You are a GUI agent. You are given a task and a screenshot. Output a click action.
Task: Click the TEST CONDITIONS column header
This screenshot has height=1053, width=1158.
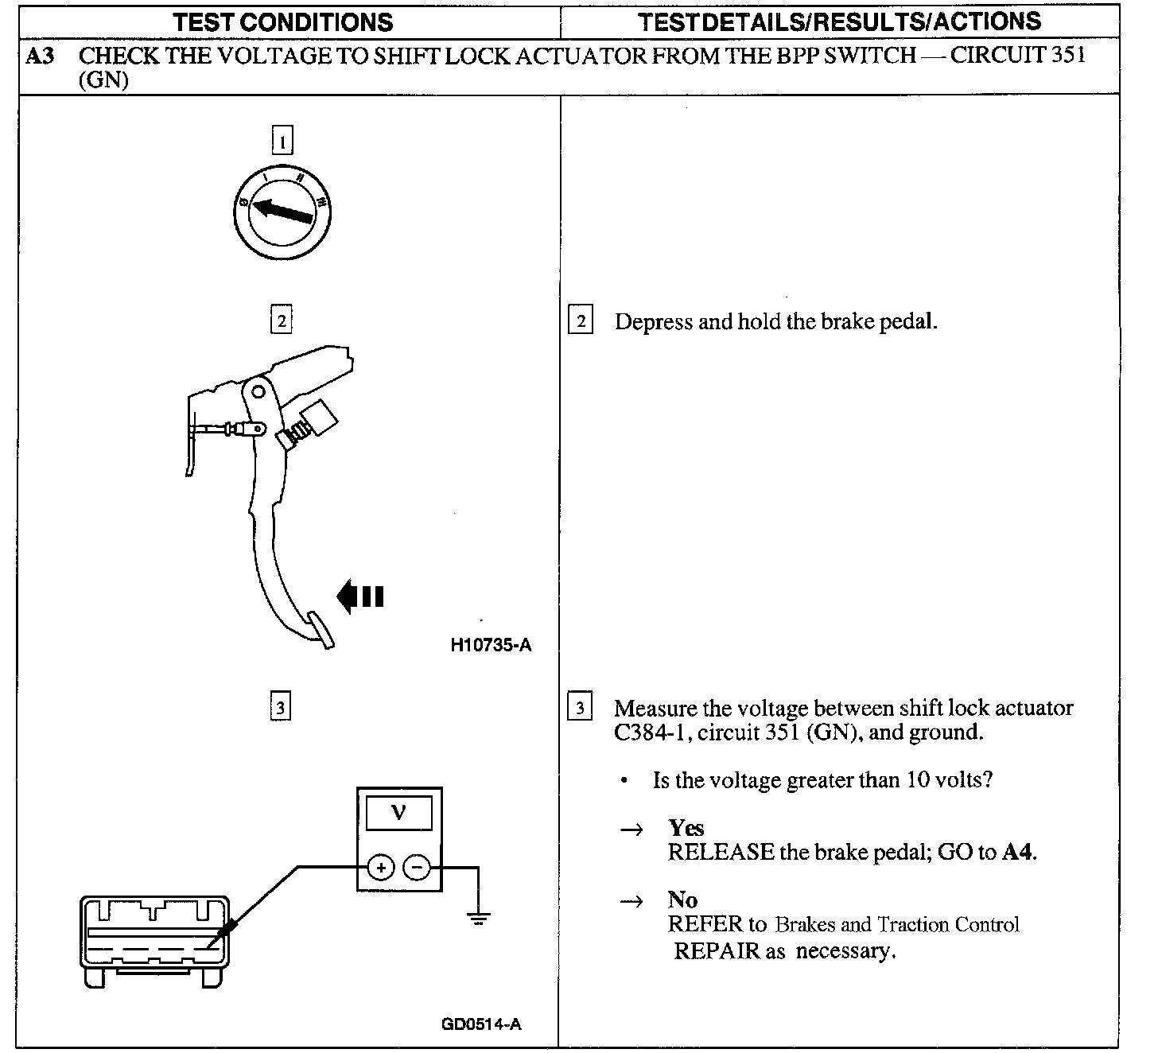point(283,21)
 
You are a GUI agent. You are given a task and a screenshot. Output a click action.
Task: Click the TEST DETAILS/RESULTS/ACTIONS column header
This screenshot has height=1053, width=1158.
point(839,21)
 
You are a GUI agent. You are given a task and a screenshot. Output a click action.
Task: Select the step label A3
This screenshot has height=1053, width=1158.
point(40,56)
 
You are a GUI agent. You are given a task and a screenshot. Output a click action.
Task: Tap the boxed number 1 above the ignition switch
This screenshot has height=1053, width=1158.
point(282,142)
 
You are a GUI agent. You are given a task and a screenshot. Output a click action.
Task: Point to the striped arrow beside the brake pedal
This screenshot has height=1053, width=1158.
point(360,596)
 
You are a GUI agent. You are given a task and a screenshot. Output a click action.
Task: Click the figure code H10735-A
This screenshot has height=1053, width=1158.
point(490,645)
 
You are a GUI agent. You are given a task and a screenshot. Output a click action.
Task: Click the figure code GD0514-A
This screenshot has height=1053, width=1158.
point(481,1024)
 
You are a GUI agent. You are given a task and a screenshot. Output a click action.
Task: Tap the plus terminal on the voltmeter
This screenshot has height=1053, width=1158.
point(382,867)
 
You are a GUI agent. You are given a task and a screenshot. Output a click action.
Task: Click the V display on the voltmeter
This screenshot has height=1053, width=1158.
point(399,813)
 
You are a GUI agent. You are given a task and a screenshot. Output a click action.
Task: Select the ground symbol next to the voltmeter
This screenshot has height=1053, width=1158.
point(478,918)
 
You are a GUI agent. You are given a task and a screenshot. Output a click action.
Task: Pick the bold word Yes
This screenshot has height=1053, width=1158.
point(686,828)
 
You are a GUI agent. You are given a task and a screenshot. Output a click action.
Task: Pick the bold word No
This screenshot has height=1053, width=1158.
point(682,900)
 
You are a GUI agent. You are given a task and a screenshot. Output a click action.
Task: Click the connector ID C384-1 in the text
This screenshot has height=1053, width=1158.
point(648,732)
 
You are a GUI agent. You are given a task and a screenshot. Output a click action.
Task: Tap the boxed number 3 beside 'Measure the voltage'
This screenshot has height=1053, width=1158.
point(580,707)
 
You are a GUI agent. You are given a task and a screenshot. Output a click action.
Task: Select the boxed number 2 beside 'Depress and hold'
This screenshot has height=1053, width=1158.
point(581,321)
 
